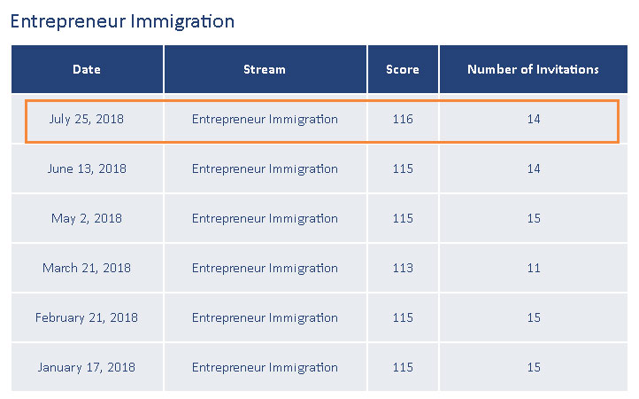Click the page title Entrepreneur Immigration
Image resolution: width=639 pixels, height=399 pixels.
click(122, 21)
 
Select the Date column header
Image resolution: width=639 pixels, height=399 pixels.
click(87, 69)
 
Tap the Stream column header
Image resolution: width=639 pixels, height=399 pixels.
click(265, 69)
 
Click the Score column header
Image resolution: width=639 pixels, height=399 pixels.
click(403, 69)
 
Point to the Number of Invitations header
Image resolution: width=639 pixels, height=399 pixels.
click(533, 69)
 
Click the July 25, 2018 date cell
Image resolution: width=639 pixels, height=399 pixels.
click(87, 119)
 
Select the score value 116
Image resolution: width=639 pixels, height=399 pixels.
click(403, 119)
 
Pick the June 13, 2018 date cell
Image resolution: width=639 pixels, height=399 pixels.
click(87, 168)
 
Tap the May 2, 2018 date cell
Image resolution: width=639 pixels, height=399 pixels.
click(87, 218)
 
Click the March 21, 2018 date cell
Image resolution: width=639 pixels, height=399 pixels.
click(87, 268)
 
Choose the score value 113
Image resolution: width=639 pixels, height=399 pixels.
click(403, 268)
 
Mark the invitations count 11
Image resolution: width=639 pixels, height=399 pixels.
click(533, 268)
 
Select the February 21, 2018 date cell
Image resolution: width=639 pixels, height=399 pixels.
click(87, 317)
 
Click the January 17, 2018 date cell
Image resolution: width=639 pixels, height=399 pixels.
click(87, 367)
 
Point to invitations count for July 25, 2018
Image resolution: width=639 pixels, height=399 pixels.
click(533, 119)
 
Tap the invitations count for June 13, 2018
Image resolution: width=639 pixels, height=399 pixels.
click(533, 168)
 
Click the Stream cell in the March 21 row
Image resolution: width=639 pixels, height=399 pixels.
click(265, 268)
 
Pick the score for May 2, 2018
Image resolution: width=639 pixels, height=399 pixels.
click(403, 218)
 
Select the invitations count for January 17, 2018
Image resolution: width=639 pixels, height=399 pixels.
click(533, 367)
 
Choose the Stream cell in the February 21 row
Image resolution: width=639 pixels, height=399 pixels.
click(265, 317)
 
